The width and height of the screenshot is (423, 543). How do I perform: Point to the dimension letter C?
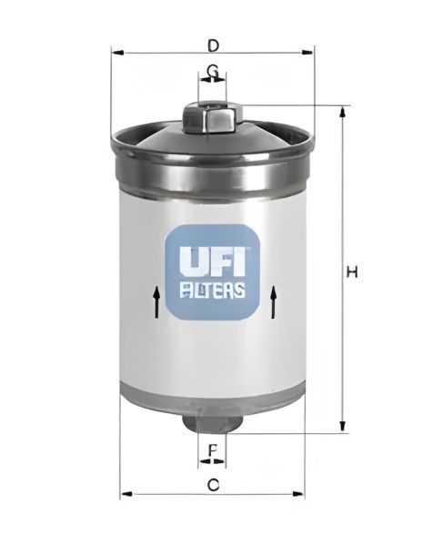(213, 484)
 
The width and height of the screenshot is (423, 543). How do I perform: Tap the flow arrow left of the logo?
(156, 301)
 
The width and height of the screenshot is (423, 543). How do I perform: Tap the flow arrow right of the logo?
(273, 301)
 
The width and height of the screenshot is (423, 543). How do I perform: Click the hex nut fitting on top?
(212, 115)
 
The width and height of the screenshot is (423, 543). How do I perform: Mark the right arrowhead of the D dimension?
(309, 53)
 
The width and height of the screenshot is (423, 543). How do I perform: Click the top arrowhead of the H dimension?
(343, 112)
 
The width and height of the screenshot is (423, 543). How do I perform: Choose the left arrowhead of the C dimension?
(125, 495)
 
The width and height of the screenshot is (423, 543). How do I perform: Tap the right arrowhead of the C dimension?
(300, 495)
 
